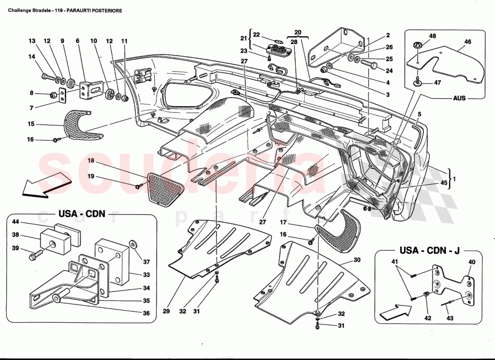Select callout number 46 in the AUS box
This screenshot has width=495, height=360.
click(x=468, y=41)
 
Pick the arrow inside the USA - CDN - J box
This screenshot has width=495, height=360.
click(x=395, y=310)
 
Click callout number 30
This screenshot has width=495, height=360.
click(x=357, y=260)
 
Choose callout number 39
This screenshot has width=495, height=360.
click(x=15, y=248)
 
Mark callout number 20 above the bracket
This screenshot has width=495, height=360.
click(x=297, y=32)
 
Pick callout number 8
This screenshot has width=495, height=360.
click(x=31, y=94)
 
